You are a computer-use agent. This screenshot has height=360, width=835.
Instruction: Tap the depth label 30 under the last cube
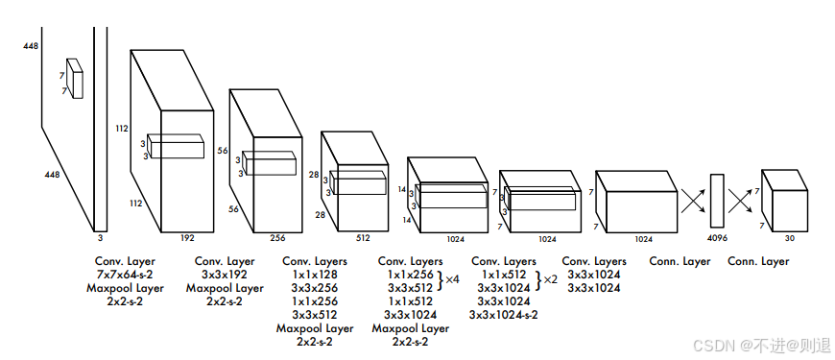click(x=790, y=239)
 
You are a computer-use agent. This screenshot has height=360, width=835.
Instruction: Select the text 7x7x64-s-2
click(x=125, y=275)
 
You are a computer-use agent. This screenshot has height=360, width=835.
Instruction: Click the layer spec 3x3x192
click(x=225, y=275)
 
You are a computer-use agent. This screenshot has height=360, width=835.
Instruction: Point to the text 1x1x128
click(x=314, y=275)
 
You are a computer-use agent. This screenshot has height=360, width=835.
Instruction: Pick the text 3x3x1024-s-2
click(x=503, y=315)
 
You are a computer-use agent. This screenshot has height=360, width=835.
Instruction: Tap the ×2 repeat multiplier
click(x=550, y=279)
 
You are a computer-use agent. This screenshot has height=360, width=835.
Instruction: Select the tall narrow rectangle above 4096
click(x=717, y=201)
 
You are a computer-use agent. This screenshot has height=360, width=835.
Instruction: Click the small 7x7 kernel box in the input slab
click(x=75, y=79)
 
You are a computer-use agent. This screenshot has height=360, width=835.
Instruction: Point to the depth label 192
click(x=187, y=238)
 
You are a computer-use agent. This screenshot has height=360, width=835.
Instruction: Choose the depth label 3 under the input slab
click(x=100, y=238)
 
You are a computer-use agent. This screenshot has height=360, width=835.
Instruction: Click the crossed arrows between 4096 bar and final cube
click(x=742, y=201)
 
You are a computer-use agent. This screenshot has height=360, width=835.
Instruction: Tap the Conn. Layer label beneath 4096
click(x=680, y=261)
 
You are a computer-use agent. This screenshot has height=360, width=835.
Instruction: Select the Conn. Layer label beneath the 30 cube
click(x=758, y=261)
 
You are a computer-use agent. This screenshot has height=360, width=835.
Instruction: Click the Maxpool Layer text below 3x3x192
click(x=225, y=288)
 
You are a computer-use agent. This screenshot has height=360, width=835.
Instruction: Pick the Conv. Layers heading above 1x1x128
click(x=315, y=261)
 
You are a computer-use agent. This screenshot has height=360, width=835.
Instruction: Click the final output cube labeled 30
click(x=784, y=202)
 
